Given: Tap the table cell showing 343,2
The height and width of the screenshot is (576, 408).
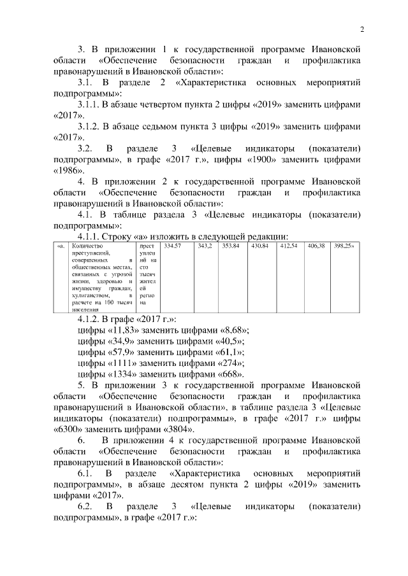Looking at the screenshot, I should [x=205, y=246].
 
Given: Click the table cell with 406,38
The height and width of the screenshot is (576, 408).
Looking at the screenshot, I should [x=316, y=246].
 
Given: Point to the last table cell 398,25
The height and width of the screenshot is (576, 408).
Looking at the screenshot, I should [x=344, y=246].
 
